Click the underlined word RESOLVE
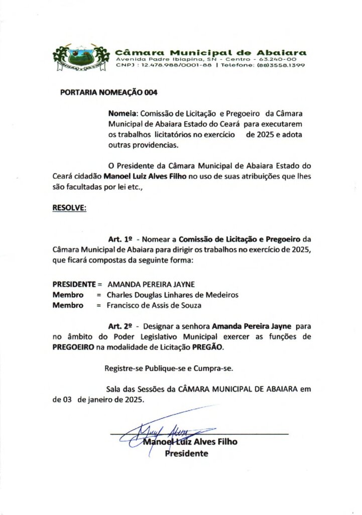pos(69,207)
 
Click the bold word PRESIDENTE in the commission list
pos(74,284)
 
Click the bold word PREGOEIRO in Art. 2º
pos(73,348)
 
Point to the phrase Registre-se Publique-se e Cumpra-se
pos(168,368)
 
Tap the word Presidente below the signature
pos(187,454)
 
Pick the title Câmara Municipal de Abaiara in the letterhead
pos(211,52)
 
